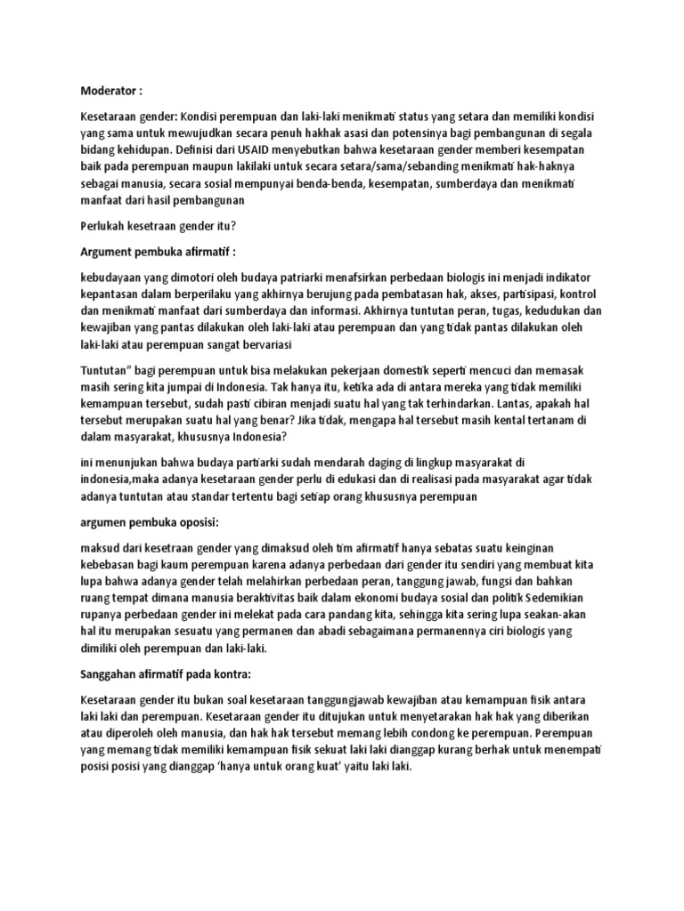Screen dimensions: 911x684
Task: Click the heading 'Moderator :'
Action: (x=111, y=90)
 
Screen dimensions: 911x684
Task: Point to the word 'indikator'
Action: (x=574, y=278)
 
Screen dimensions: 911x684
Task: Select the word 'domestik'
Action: (x=448, y=370)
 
